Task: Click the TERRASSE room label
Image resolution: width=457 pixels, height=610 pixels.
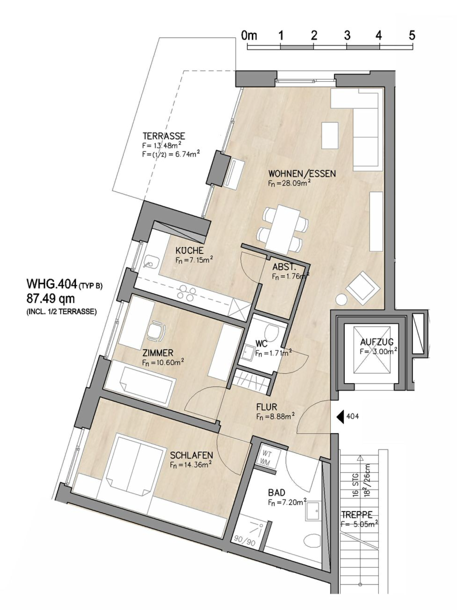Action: (x=164, y=136)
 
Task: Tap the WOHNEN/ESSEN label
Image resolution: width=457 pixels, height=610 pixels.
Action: (x=302, y=173)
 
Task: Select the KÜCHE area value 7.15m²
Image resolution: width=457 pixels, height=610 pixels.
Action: (x=194, y=260)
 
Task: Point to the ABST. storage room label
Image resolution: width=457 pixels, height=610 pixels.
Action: (x=284, y=267)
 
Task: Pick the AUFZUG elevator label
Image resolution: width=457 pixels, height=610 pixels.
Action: (x=377, y=342)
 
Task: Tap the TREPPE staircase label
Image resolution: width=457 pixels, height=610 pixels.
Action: (x=356, y=514)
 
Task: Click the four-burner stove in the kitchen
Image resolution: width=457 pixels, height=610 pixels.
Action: (x=187, y=292)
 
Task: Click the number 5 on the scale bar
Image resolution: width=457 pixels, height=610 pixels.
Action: (x=411, y=35)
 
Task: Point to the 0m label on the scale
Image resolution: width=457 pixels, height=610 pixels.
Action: (x=249, y=35)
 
